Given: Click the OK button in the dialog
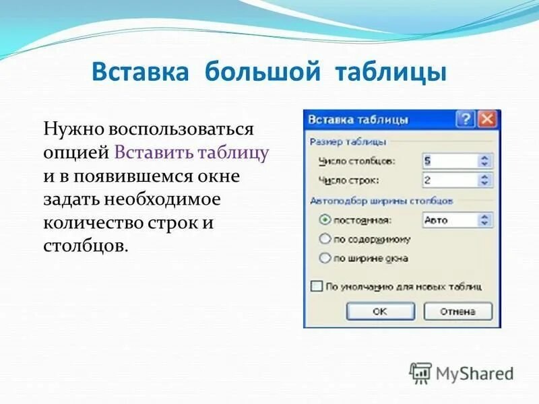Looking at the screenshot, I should click(x=379, y=311).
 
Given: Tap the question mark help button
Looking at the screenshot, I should click(x=466, y=120).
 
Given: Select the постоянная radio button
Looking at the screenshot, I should click(x=325, y=220).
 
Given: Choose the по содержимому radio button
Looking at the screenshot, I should click(x=325, y=238).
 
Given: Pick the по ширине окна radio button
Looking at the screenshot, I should click(x=325, y=257).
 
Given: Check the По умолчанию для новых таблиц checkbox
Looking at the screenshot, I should click(x=317, y=286).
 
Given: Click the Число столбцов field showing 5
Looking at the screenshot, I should click(x=449, y=161).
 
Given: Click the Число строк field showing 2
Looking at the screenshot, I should click(x=449, y=180).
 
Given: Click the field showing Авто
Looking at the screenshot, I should click(x=449, y=220).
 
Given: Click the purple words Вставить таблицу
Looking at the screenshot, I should click(x=192, y=151).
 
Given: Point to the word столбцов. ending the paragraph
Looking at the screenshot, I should click(x=86, y=246).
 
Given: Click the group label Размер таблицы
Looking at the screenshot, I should click(x=348, y=141).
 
